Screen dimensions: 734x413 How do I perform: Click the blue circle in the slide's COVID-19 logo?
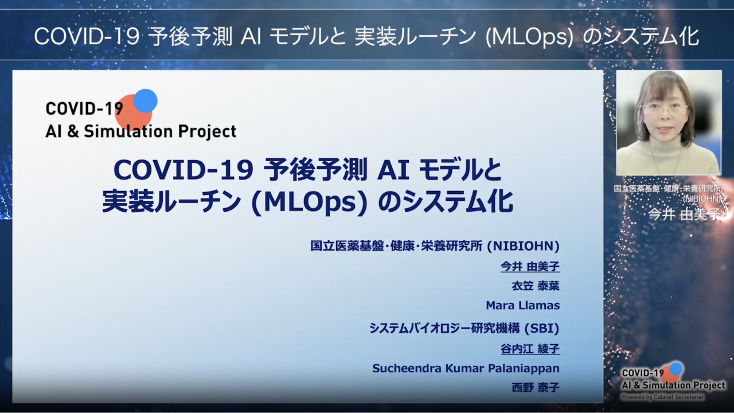(x=145, y=101)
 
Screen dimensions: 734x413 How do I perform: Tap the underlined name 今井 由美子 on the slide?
(x=530, y=267)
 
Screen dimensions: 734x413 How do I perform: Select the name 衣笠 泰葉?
(x=536, y=286)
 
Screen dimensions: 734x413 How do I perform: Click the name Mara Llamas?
(x=522, y=306)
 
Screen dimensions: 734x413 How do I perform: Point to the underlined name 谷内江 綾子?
(x=530, y=349)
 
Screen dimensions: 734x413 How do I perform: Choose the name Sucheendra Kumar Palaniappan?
(x=466, y=368)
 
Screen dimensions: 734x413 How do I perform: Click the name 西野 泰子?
(x=536, y=388)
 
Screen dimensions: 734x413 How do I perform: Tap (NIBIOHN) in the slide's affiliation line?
(x=524, y=246)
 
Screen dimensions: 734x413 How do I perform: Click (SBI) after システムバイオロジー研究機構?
(x=542, y=328)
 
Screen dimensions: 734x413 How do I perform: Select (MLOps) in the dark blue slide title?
(x=309, y=202)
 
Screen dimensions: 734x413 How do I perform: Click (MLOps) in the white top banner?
(x=529, y=37)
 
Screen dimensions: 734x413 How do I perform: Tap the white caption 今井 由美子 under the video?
(x=684, y=215)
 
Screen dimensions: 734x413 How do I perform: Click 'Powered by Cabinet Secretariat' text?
(x=662, y=397)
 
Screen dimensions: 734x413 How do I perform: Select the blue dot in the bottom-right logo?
(x=676, y=369)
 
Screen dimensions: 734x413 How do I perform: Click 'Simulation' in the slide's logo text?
(x=128, y=131)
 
